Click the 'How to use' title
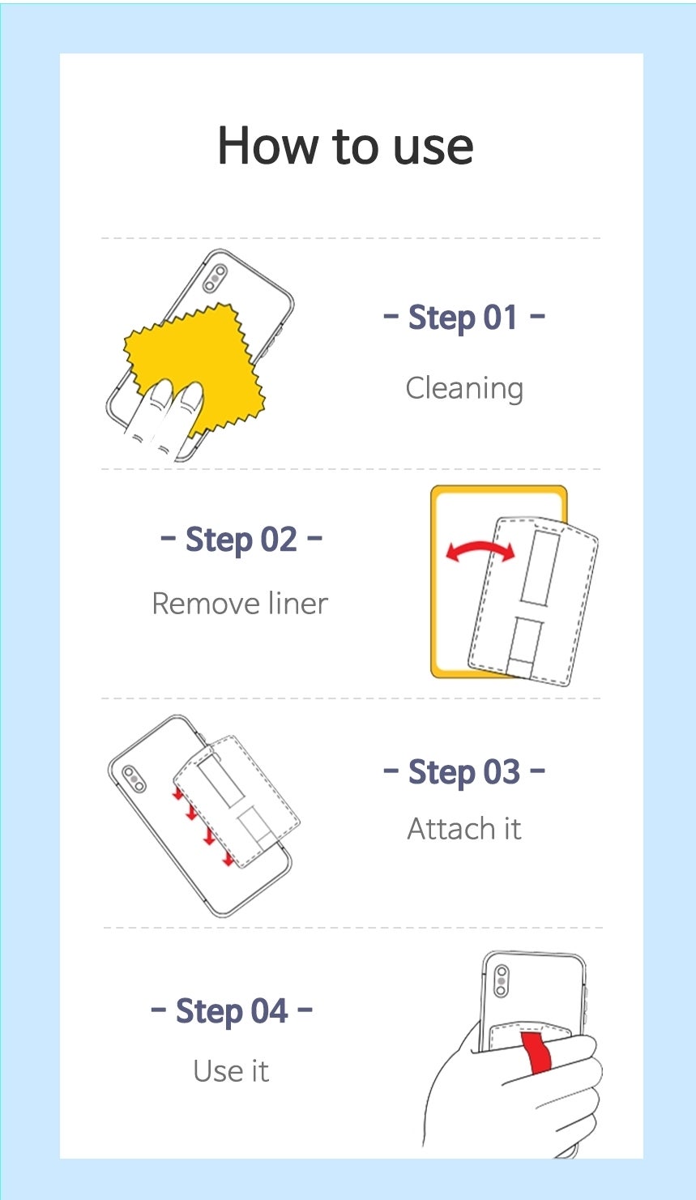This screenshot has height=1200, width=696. coord(346,146)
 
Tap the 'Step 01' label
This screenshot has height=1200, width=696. coord(463,317)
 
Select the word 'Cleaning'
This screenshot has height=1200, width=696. coord(464,389)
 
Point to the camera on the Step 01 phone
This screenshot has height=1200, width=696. coord(215,278)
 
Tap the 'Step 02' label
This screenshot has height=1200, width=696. coord(241,539)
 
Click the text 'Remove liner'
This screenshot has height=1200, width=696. coord(240,604)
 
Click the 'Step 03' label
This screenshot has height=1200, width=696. coord(464,772)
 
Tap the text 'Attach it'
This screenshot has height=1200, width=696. coord(464,829)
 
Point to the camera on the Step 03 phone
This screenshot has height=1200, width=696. coord(134,779)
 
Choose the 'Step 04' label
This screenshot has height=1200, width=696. coord(232,1011)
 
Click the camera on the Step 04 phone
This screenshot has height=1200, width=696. coord(502,980)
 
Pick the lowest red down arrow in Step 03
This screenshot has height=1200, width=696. coord(228,857)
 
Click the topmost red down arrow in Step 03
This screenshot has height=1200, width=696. coord(178,793)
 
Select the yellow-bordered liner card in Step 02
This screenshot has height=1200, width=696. coord(498,581)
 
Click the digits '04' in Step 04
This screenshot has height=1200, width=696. coord(269,1011)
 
